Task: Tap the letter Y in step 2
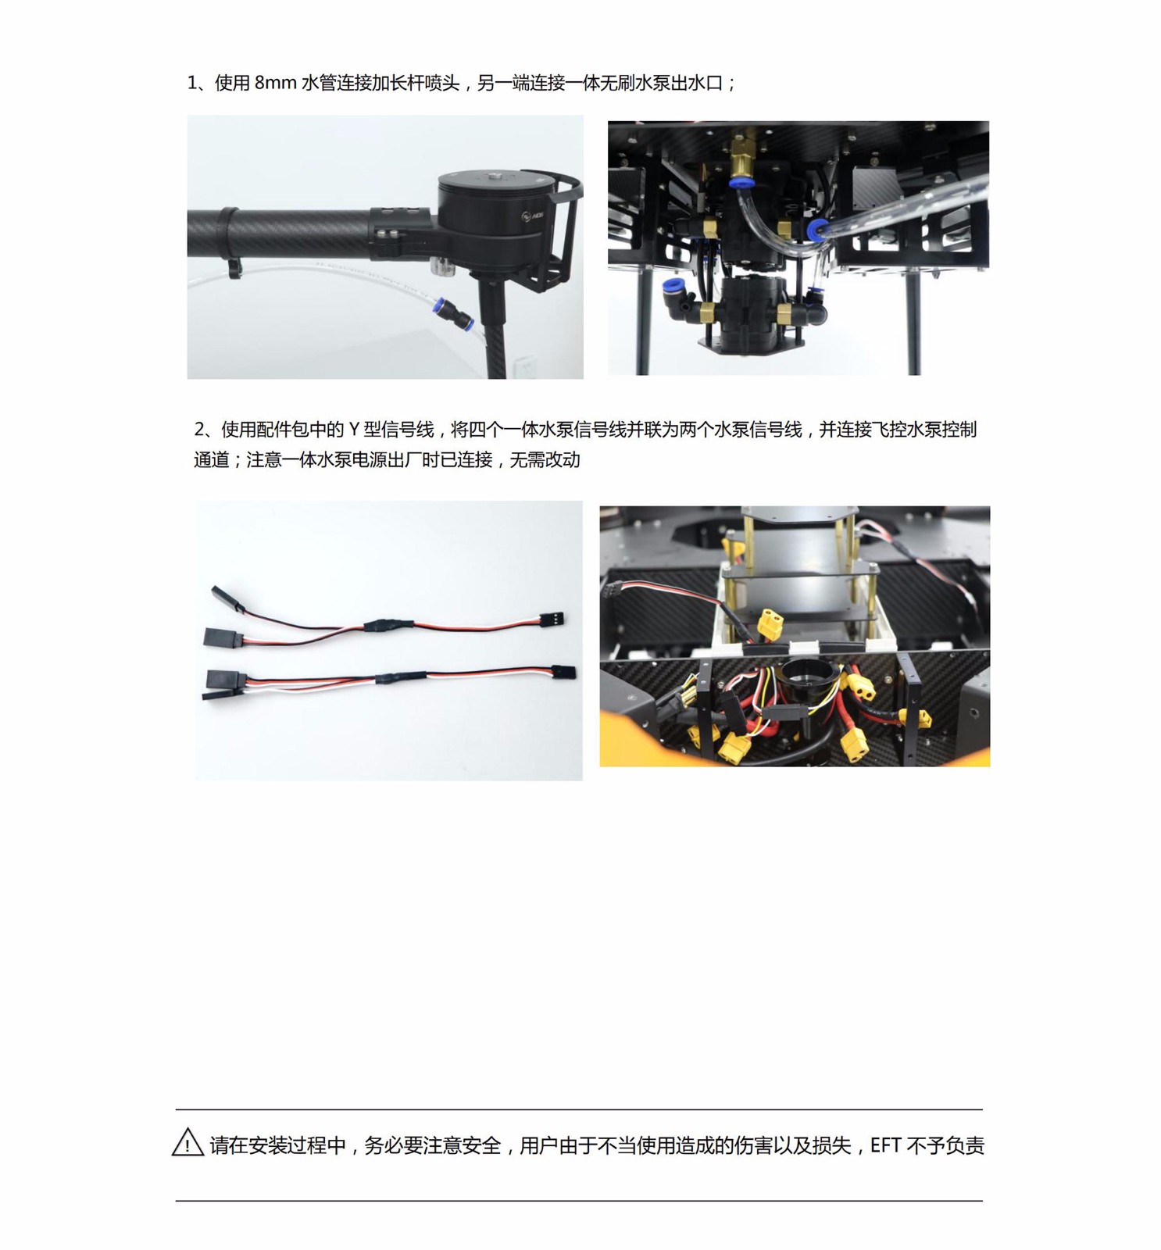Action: click(354, 429)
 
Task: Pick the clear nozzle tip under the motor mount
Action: click(443, 266)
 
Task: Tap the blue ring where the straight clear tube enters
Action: click(817, 229)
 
